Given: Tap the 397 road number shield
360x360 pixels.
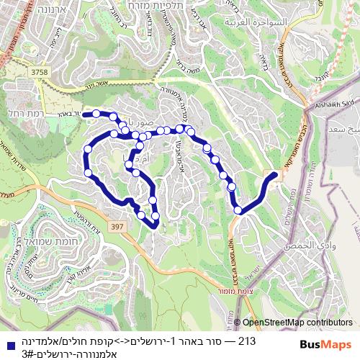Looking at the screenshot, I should coord(118,227).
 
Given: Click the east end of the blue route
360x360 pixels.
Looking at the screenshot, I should coord(275,174).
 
